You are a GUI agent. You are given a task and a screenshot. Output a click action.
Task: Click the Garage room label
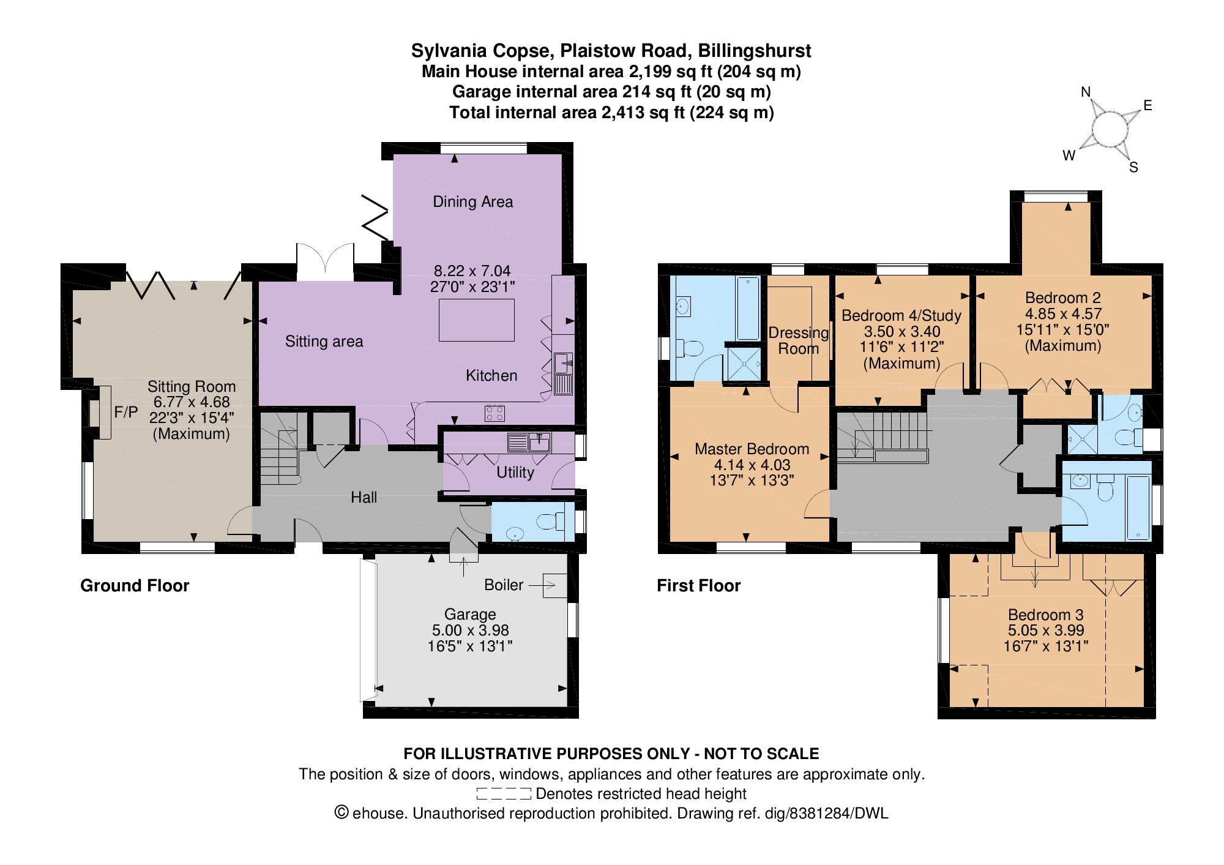click(470, 614)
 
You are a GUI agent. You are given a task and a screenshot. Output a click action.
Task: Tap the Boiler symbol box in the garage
click(555, 586)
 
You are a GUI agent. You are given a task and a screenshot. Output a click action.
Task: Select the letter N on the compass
click(1086, 92)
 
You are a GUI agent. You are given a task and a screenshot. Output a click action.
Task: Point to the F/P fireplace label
click(126, 412)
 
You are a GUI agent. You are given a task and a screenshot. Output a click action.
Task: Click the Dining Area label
click(472, 201)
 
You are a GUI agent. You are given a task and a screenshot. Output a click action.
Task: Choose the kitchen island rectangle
click(477, 320)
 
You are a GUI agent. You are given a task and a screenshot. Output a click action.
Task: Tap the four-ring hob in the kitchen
click(494, 413)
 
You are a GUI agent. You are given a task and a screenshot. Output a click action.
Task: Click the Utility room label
click(515, 472)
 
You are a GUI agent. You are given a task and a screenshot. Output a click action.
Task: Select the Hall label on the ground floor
click(364, 497)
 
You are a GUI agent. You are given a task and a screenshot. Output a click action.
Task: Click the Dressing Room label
click(799, 340)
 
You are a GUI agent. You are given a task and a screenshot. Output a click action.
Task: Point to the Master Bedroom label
click(752, 449)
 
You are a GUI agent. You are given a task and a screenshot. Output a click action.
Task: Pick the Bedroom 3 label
click(1046, 615)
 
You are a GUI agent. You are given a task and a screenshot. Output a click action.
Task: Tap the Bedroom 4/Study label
click(901, 316)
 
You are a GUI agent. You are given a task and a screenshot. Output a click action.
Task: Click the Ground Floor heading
click(135, 586)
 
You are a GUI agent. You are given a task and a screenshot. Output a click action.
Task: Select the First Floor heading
click(698, 586)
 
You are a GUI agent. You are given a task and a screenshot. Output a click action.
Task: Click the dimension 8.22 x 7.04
click(472, 271)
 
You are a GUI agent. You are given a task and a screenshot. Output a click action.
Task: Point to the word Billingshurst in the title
click(755, 51)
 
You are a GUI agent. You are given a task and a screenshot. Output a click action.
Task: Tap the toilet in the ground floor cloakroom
click(550, 522)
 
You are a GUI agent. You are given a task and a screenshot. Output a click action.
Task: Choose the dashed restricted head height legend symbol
click(504, 794)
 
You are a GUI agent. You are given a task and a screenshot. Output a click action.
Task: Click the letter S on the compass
click(1133, 168)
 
